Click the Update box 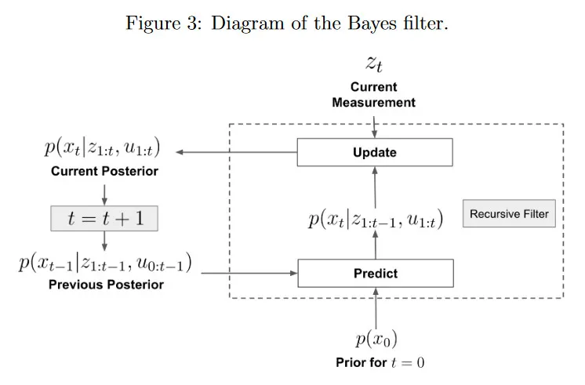click(375, 152)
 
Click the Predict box click(376, 274)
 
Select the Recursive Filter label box click(509, 213)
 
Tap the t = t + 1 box click(104, 219)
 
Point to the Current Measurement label click(374, 95)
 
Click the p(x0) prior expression click(376, 339)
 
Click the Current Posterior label click(104, 171)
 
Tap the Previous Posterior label click(106, 285)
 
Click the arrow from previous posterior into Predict click(250, 274)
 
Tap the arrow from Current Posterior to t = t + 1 click(104, 193)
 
